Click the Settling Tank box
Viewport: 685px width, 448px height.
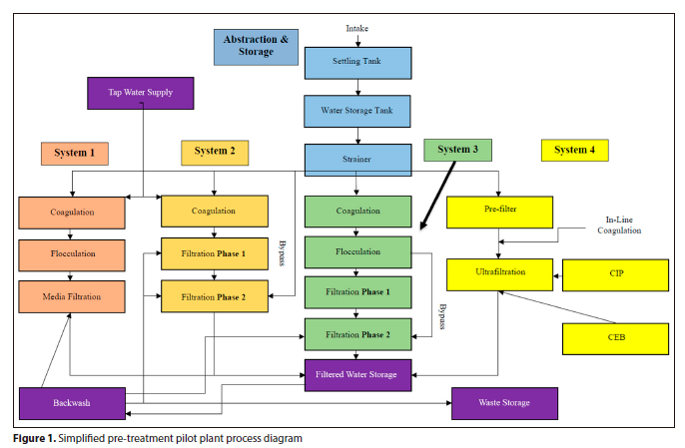tap(357, 61)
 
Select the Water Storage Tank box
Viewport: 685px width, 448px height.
tap(357, 110)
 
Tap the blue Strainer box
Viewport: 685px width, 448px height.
tap(357, 160)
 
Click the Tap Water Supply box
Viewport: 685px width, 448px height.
tap(141, 93)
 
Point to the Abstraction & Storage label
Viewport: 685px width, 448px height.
tap(256, 46)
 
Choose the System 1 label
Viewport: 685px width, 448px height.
tap(75, 153)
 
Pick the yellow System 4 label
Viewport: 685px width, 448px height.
tap(574, 151)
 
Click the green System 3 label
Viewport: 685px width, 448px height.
tap(458, 150)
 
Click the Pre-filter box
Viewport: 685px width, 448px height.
tap(499, 212)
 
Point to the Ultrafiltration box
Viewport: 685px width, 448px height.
tap(499, 272)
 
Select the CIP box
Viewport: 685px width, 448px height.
tap(615, 274)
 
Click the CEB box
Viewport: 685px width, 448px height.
tap(615, 337)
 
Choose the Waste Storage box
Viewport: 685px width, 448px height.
tap(504, 403)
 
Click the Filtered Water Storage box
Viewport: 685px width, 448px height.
tap(357, 375)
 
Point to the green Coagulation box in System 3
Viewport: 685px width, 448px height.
tap(357, 212)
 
